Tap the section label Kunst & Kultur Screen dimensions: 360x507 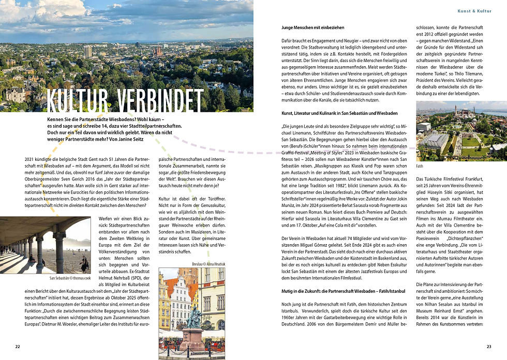coord(474,10)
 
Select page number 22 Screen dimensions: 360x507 coord(18,346)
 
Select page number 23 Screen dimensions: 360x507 coord(489,346)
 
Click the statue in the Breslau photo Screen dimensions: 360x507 coord(193,316)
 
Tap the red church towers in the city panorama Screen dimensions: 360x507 coord(158,51)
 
